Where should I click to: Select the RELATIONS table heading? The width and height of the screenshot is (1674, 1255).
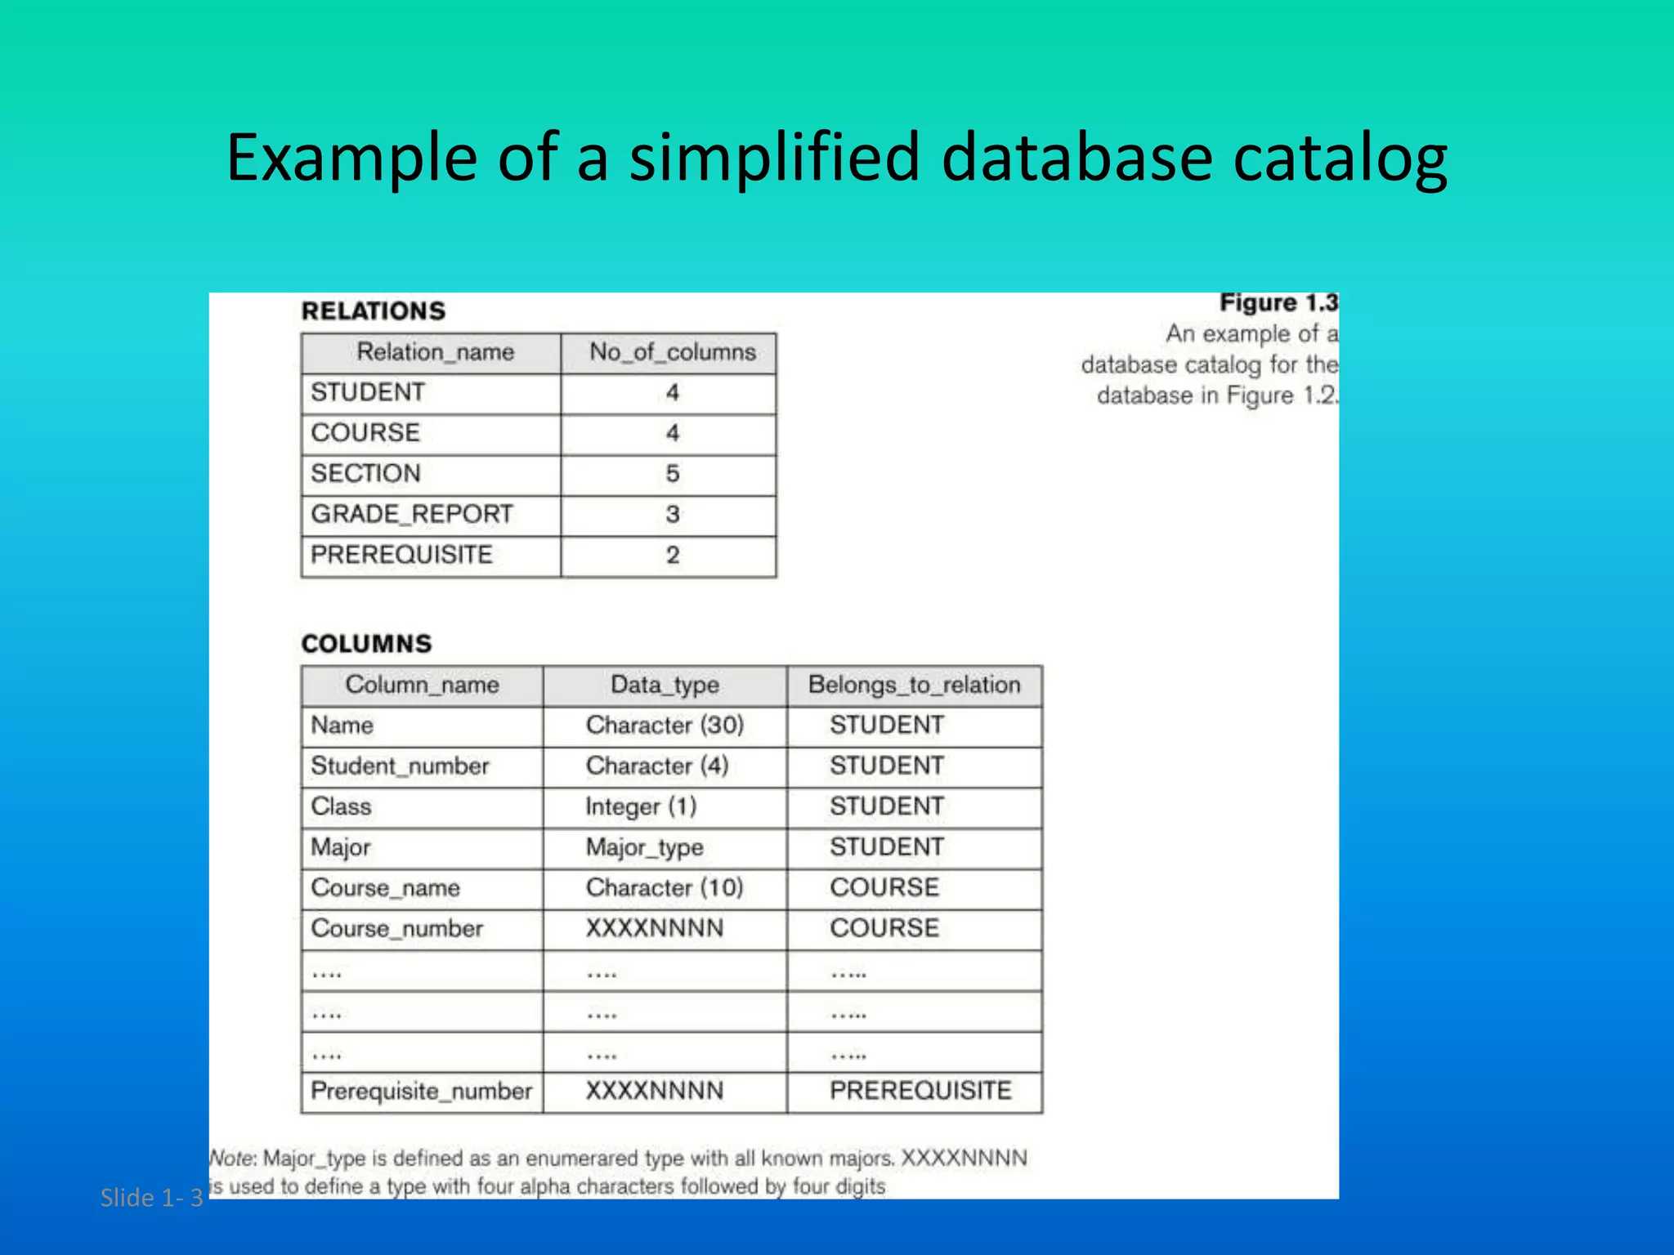[374, 311]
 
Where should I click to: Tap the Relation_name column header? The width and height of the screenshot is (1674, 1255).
[435, 352]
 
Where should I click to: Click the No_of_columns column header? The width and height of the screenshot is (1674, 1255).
[672, 352]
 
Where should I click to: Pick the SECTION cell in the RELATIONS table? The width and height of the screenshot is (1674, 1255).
[365, 474]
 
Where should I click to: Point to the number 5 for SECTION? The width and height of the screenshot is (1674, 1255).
[672, 474]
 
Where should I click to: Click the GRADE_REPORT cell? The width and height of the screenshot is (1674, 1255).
[411, 515]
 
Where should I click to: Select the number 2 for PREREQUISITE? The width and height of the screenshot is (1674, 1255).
[672, 556]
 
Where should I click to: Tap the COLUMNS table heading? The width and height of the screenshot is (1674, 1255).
[366, 644]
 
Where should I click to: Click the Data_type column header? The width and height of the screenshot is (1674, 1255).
[665, 685]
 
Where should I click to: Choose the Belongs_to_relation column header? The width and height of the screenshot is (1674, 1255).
[914, 685]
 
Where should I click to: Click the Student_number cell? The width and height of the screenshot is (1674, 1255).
[400, 766]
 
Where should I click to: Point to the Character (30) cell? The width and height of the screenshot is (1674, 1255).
[665, 726]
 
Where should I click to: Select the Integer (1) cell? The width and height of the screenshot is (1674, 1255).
[641, 807]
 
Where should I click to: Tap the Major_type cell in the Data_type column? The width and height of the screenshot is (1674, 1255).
[644, 848]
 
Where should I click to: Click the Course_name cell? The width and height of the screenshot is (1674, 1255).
[385, 888]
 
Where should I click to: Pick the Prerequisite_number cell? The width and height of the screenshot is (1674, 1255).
[421, 1092]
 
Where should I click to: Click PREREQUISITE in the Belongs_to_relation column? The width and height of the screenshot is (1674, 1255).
[920, 1092]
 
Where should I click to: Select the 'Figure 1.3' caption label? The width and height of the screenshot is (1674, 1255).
[1278, 303]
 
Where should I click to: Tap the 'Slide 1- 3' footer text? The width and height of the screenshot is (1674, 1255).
[151, 1198]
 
